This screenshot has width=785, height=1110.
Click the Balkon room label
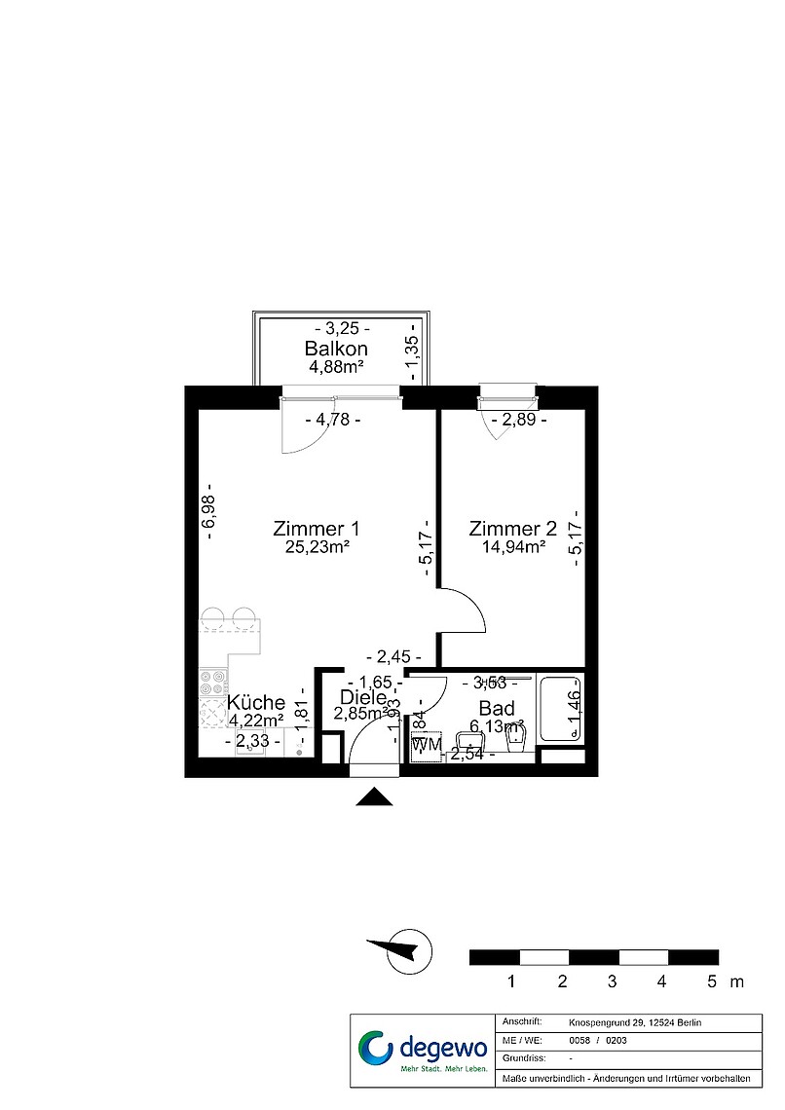click(x=336, y=349)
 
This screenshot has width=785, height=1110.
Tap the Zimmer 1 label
click(x=317, y=529)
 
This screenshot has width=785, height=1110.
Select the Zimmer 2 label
click(x=512, y=529)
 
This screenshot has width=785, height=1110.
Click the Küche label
click(x=256, y=702)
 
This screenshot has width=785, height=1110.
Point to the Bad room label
click(x=497, y=709)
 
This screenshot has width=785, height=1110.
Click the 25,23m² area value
click(x=317, y=547)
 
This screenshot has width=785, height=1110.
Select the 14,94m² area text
click(x=512, y=547)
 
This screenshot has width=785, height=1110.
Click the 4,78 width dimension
click(x=333, y=421)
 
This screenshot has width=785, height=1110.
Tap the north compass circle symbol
click(x=408, y=949)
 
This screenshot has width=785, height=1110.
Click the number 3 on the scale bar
click(x=612, y=981)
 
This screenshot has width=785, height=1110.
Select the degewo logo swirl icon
click(x=375, y=1050)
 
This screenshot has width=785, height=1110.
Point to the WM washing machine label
click(x=426, y=745)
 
